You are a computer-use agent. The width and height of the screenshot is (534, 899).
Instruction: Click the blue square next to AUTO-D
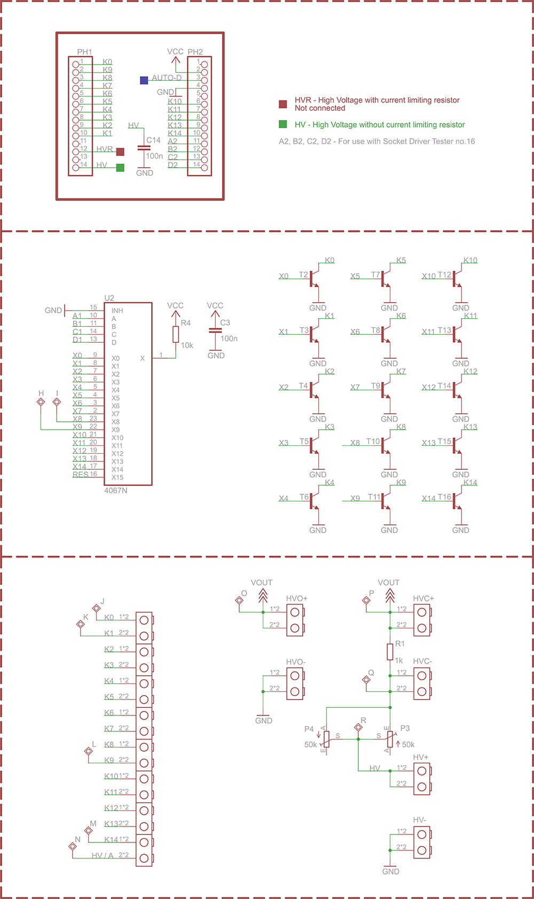coord(144,80)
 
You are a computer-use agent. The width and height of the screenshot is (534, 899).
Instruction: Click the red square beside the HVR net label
coord(120,152)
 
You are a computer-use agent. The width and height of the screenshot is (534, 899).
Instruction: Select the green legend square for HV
coord(283,124)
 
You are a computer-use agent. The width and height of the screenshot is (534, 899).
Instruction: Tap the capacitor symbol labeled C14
coord(144,148)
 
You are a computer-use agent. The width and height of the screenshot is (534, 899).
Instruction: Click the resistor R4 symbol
coord(176,334)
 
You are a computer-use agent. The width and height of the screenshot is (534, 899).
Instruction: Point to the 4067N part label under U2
coord(116,491)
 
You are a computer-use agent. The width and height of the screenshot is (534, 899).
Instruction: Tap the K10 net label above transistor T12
coord(470,261)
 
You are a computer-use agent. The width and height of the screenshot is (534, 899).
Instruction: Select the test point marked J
coord(97,608)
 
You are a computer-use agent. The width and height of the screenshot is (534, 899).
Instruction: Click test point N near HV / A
coord(73,846)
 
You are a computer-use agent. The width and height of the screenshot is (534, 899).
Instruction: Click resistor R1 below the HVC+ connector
coord(390,651)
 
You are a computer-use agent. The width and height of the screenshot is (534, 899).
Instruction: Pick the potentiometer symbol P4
coord(326,739)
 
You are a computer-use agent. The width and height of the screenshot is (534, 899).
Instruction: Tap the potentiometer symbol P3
coord(390,739)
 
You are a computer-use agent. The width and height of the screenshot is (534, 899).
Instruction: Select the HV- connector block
coord(422,842)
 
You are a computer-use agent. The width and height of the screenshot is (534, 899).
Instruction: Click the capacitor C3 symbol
coord(215,330)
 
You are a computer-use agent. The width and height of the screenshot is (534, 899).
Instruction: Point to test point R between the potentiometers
coord(358,727)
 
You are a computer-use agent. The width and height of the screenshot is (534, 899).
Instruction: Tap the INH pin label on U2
coord(117,311)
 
